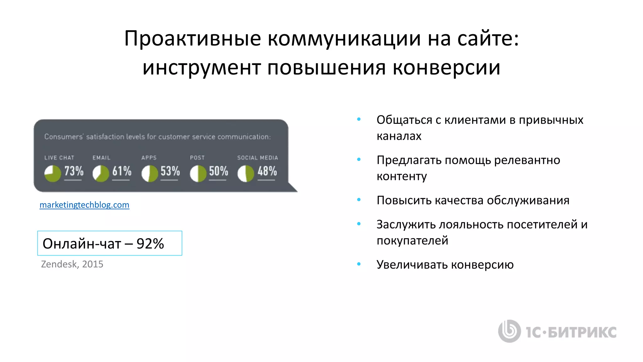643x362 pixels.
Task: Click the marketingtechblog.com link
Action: pos(84,205)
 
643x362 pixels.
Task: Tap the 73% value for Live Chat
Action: pos(74,171)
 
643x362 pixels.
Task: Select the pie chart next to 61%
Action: pos(101,173)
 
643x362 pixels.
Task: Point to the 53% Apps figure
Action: pos(170,171)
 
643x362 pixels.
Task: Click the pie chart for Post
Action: pos(198,173)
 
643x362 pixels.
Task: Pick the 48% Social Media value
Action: pos(267,171)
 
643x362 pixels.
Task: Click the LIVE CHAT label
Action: pos(59,158)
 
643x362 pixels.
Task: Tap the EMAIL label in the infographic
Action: pos(101,158)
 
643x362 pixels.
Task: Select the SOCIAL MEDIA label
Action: pos(257,158)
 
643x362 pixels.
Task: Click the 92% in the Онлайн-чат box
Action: pos(150,244)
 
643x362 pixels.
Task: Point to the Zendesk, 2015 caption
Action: pos(72,264)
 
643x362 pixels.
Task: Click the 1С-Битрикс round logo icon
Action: pos(509,331)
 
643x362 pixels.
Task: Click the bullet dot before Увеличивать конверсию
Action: pos(359,264)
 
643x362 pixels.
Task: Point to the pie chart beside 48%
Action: pos(246,173)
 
